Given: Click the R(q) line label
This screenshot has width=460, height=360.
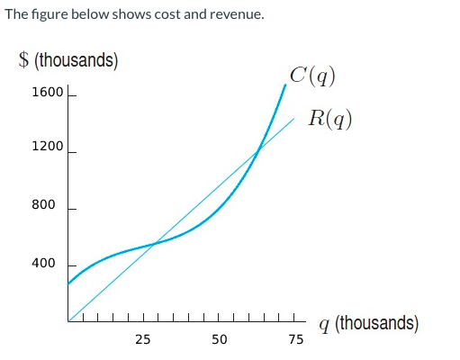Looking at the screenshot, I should [328, 117].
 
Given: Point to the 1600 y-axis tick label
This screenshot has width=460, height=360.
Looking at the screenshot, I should [47, 93].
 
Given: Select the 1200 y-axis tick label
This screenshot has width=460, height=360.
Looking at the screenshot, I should [47, 146].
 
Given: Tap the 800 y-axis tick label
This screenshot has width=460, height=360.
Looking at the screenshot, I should [43, 205].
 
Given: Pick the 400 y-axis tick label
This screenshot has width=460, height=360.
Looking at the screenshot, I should [43, 264].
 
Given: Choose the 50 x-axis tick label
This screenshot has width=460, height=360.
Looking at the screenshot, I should [219, 339].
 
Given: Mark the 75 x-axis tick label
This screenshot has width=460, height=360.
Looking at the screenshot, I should [295, 339].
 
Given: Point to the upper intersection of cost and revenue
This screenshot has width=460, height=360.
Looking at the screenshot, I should [258, 150].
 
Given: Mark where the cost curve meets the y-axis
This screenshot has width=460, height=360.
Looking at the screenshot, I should [68, 284].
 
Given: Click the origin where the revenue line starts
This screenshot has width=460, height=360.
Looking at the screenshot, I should [68, 320].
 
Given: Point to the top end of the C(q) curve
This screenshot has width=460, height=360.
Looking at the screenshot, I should [286, 84].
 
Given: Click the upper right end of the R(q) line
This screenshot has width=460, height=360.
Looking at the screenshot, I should [293, 118].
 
